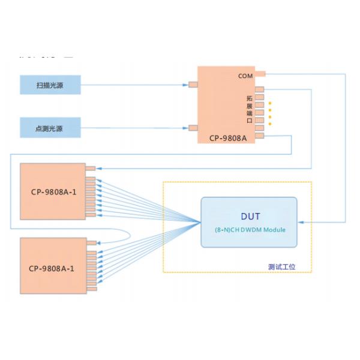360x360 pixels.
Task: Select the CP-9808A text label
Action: [x=228, y=137]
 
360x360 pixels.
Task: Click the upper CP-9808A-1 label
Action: [x=53, y=193]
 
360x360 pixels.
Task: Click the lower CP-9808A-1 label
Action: [x=53, y=268]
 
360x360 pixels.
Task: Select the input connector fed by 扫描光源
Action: [x=193, y=85]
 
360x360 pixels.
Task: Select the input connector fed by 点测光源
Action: [x=193, y=128]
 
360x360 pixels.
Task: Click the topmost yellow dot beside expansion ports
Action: [x=270, y=103]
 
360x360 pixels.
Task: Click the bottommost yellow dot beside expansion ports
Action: [x=270, y=124]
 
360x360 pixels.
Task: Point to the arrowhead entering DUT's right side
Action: [x=300, y=222]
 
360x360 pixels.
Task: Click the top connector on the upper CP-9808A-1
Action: [x=91, y=169]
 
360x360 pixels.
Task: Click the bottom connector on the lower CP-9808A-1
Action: [x=91, y=289]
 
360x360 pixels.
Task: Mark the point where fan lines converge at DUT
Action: [x=200, y=222]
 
